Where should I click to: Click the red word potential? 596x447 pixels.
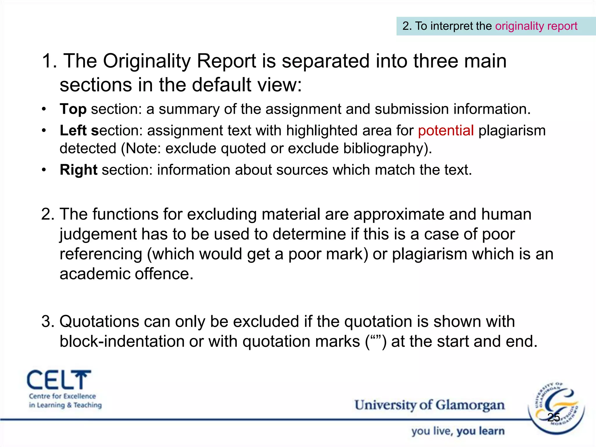coord(446,130)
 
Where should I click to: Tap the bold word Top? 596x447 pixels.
coord(73,109)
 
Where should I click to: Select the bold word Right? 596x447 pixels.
coord(78,170)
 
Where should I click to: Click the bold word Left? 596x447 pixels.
coord(73,130)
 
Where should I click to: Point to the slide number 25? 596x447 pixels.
coord(554,417)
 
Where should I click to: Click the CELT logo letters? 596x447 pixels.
coord(59,380)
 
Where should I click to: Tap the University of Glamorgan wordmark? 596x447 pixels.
coord(429,405)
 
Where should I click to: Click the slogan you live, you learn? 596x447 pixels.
coord(458,431)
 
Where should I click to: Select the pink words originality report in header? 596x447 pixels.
coord(536,26)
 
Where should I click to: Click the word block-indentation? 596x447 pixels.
coord(122,341)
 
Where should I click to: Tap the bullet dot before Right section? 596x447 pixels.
coord(44,170)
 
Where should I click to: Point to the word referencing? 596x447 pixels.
coord(101,254)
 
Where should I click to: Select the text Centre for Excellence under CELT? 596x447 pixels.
coord(62,396)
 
